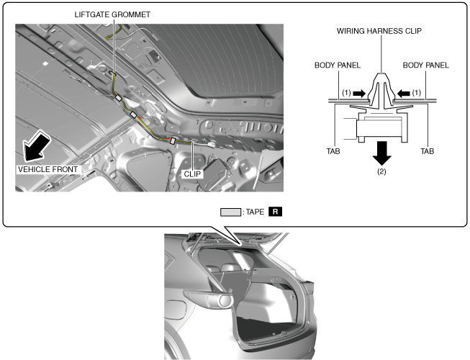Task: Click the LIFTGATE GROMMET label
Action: (x=112, y=14)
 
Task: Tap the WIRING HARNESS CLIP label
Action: (x=379, y=31)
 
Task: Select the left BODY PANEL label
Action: (x=338, y=65)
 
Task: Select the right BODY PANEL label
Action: (x=425, y=65)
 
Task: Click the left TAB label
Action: (x=333, y=151)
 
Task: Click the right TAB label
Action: (x=427, y=151)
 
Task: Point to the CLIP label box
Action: (x=192, y=174)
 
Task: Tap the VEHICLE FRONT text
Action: (x=48, y=169)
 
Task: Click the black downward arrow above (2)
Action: (x=381, y=153)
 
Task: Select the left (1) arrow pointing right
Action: (x=359, y=94)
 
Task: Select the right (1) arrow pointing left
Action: (x=404, y=94)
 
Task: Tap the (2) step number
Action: (x=381, y=172)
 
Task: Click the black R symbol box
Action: (x=275, y=212)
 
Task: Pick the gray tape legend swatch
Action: (x=230, y=212)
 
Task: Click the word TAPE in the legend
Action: (x=255, y=212)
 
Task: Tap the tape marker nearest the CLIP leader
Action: (x=172, y=140)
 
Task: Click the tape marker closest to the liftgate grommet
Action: (x=118, y=98)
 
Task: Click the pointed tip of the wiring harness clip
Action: (x=381, y=73)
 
